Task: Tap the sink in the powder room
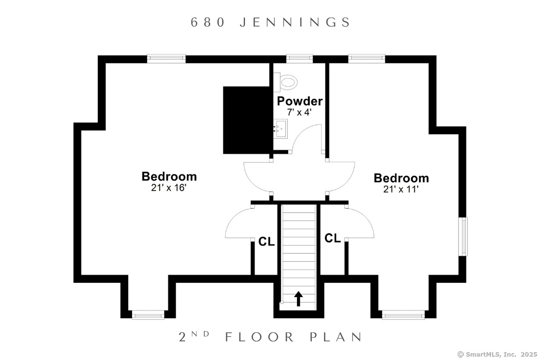281,129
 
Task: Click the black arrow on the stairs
298,299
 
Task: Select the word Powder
299,101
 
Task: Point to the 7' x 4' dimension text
299,112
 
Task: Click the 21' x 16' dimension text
169,188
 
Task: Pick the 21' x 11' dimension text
401,189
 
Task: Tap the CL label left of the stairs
267,242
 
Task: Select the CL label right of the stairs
333,238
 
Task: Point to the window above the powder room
299,58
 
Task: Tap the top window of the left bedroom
166,58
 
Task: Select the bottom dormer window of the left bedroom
148,314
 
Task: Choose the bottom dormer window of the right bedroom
403,314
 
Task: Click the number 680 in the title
208,23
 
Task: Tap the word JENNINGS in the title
295,23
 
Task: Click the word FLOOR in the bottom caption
260,337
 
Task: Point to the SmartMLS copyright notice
497,354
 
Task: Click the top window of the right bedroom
366,58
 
